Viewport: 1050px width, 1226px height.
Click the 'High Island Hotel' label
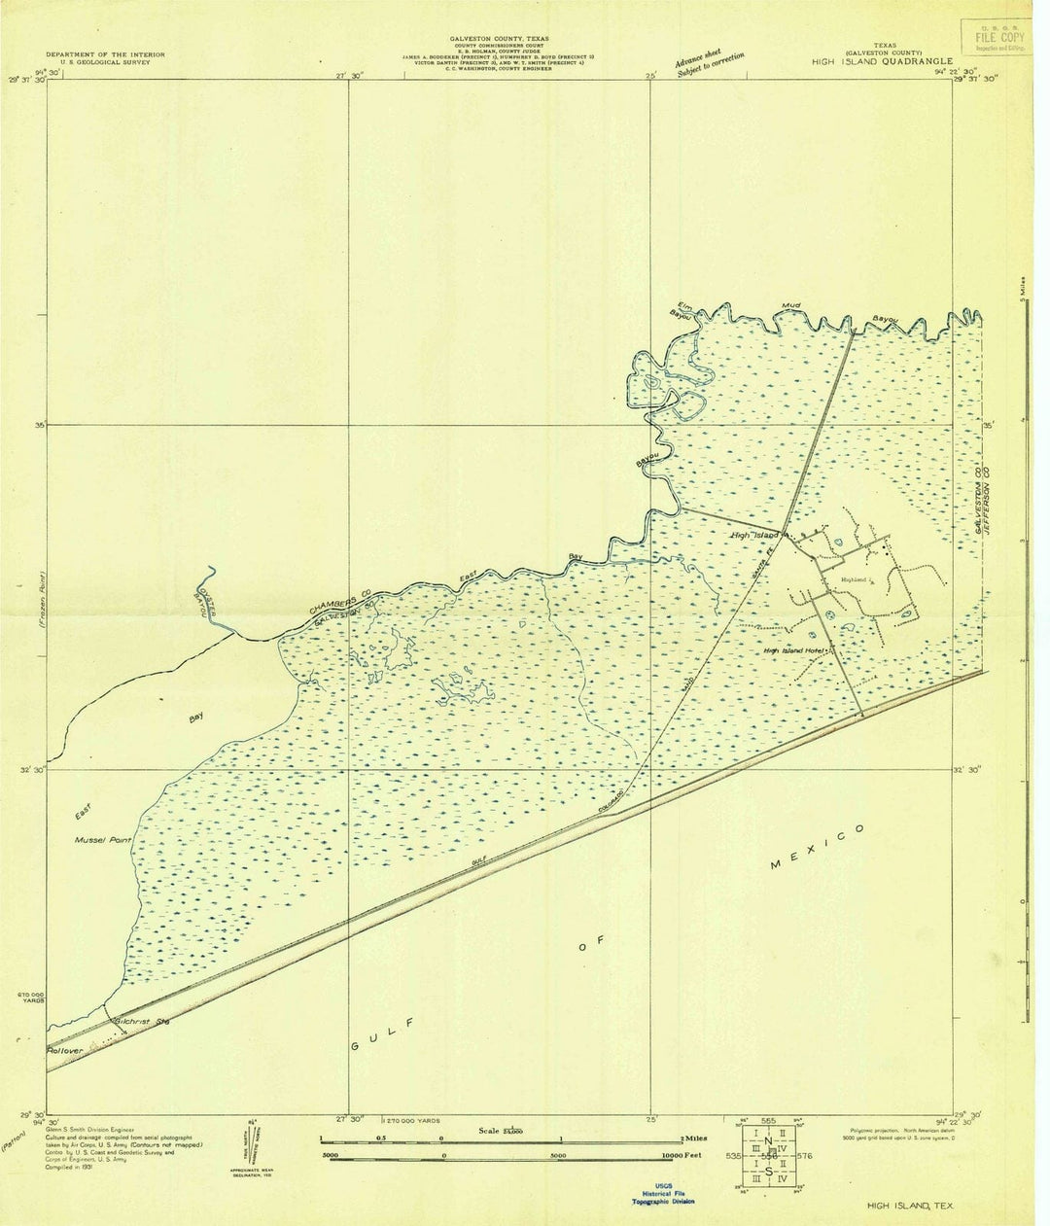tap(793, 650)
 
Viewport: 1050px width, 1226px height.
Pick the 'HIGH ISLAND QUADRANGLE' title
tap(878, 60)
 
